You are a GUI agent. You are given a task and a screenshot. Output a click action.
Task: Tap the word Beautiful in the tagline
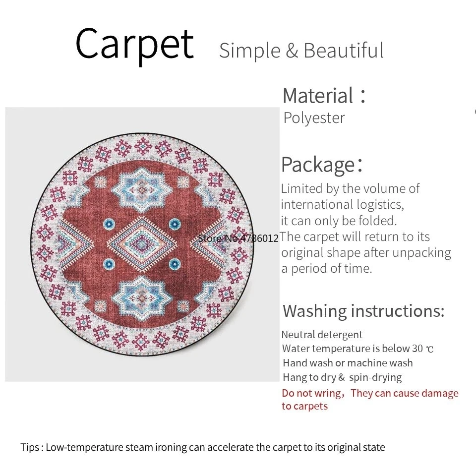[343, 51]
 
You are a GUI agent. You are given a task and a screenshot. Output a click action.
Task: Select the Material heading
[324, 96]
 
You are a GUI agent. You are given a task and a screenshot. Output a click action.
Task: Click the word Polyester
[314, 118]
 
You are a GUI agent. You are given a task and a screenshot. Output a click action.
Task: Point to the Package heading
[321, 165]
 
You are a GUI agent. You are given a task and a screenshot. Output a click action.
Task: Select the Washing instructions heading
[363, 311]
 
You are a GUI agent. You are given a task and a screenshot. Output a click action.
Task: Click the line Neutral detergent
[322, 335]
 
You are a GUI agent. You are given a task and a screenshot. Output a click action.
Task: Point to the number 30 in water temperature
[417, 349]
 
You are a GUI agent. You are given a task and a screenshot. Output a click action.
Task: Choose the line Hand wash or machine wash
[348, 363]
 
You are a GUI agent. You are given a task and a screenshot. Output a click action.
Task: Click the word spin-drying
[375, 377]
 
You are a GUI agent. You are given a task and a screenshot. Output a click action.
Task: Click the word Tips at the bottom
[30, 447]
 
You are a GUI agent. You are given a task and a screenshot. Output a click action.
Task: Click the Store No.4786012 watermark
[238, 238]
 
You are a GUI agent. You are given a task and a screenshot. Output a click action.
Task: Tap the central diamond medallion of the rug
[141, 242]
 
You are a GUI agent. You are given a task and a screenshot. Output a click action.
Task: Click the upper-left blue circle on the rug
[109, 224]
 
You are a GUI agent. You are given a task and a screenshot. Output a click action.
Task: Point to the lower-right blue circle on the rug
[175, 264]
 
